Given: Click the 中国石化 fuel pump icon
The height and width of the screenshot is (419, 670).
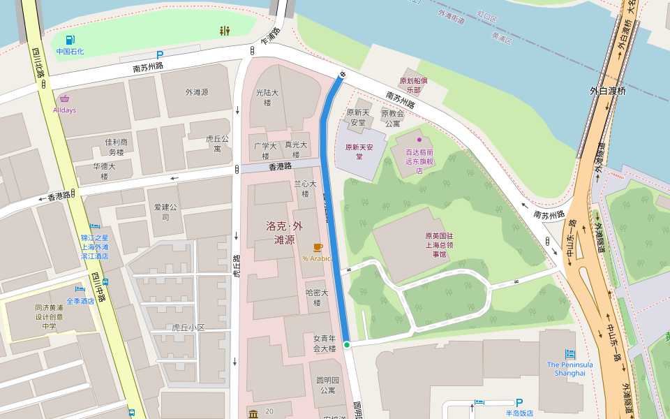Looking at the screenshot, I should click(x=70, y=40).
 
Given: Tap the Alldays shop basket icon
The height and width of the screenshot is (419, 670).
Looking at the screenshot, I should click(x=64, y=98).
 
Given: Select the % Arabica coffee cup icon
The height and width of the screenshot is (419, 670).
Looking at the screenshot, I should click(x=318, y=247).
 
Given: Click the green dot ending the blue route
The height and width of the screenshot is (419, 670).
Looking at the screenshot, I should click(x=346, y=344).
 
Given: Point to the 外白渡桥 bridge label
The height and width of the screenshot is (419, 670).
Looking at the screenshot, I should click(x=608, y=91).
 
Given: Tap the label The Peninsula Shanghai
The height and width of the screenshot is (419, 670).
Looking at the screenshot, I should click(x=569, y=369).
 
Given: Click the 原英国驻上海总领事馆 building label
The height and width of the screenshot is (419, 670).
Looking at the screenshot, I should click(x=440, y=245).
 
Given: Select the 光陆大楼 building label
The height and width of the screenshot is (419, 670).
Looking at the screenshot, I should click(x=267, y=97).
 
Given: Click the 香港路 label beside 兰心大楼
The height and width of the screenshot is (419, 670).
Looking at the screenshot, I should click(x=279, y=167).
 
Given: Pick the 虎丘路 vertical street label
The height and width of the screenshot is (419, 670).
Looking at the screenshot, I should click(x=237, y=265).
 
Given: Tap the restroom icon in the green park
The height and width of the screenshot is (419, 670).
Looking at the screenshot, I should click(x=225, y=31).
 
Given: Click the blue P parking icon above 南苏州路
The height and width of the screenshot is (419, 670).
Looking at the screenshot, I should click(x=160, y=54).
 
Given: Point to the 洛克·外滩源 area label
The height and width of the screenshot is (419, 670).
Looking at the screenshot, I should click(x=285, y=233).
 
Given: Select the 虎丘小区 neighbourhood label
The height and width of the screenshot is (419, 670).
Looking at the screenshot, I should click(x=188, y=327).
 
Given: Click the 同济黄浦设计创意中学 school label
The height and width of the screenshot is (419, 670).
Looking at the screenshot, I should click(x=49, y=316).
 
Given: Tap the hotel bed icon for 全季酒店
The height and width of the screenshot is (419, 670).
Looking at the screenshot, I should click(x=80, y=289).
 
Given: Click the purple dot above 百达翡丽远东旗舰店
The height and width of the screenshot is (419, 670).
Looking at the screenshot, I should click(x=419, y=140).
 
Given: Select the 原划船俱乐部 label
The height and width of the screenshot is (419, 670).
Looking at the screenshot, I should click(x=414, y=84).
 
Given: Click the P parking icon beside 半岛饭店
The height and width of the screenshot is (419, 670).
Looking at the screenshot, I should click(x=519, y=402).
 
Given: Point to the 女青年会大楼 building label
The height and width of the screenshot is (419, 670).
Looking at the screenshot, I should click(x=325, y=343).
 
